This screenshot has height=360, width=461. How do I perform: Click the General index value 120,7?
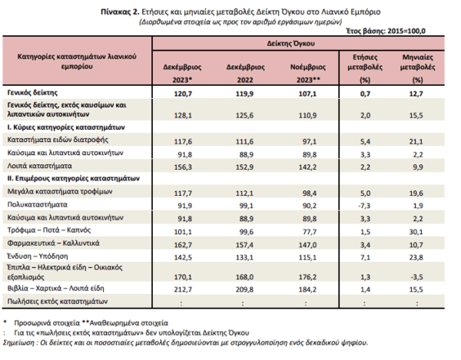183,94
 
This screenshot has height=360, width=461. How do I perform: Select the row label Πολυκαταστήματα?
38,204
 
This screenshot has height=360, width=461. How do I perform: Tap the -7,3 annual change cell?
364,206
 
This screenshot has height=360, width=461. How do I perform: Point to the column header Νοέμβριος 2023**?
308,73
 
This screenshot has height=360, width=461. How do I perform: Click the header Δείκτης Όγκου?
290,44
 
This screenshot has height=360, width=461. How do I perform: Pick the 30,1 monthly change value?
416,232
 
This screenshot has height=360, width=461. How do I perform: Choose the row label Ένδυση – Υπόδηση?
38,256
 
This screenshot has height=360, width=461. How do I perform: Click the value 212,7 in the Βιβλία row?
183,289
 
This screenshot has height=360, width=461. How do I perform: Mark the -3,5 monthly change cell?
416,277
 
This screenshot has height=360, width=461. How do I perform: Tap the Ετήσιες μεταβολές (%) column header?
365,68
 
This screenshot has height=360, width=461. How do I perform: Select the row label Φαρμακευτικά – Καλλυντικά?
53,243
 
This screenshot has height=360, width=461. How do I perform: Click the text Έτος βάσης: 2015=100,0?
386,31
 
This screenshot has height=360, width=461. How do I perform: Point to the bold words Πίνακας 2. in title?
120,12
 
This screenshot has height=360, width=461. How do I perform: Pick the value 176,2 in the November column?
307,277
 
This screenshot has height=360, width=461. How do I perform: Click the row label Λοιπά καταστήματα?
39,166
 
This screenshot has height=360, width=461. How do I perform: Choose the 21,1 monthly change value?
416,141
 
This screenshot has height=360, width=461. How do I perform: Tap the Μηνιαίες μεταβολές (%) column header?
417,68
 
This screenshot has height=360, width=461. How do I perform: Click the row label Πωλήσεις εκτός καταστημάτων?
58,301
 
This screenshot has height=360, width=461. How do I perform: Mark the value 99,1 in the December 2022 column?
246,206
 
